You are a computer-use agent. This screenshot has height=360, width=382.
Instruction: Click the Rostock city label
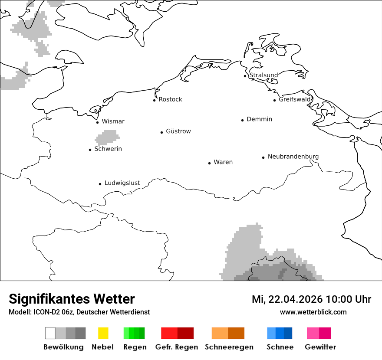click(x=170, y=99)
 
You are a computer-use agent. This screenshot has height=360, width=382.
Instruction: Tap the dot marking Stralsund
click(x=245, y=76)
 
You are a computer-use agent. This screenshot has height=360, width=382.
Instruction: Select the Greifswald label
click(x=295, y=99)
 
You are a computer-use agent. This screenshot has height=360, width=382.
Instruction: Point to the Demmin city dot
click(x=243, y=120)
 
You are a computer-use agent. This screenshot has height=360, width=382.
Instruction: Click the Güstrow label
click(x=178, y=131)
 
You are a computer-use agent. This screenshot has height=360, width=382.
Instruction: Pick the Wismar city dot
click(x=97, y=122)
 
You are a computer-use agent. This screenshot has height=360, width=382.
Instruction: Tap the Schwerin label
click(x=108, y=149)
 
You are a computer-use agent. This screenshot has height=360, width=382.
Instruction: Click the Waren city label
click(x=223, y=162)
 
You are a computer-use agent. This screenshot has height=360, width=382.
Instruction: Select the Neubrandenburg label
click(x=293, y=157)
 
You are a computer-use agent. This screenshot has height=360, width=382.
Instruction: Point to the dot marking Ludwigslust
click(x=100, y=184)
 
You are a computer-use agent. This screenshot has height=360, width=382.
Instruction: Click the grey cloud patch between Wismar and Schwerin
click(x=107, y=138)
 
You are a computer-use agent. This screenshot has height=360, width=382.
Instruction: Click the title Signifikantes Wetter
click(x=72, y=299)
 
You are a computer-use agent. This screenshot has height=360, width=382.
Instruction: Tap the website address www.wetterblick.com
click(x=313, y=312)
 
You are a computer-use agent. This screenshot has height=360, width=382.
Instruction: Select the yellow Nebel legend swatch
click(x=103, y=333)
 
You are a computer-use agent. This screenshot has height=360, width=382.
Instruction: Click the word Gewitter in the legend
click(x=320, y=347)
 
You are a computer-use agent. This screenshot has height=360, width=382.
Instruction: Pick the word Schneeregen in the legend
click(x=229, y=347)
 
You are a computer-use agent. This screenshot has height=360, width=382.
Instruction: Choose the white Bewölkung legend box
click(x=50, y=333)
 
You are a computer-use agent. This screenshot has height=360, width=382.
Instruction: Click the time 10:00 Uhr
click(x=348, y=299)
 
